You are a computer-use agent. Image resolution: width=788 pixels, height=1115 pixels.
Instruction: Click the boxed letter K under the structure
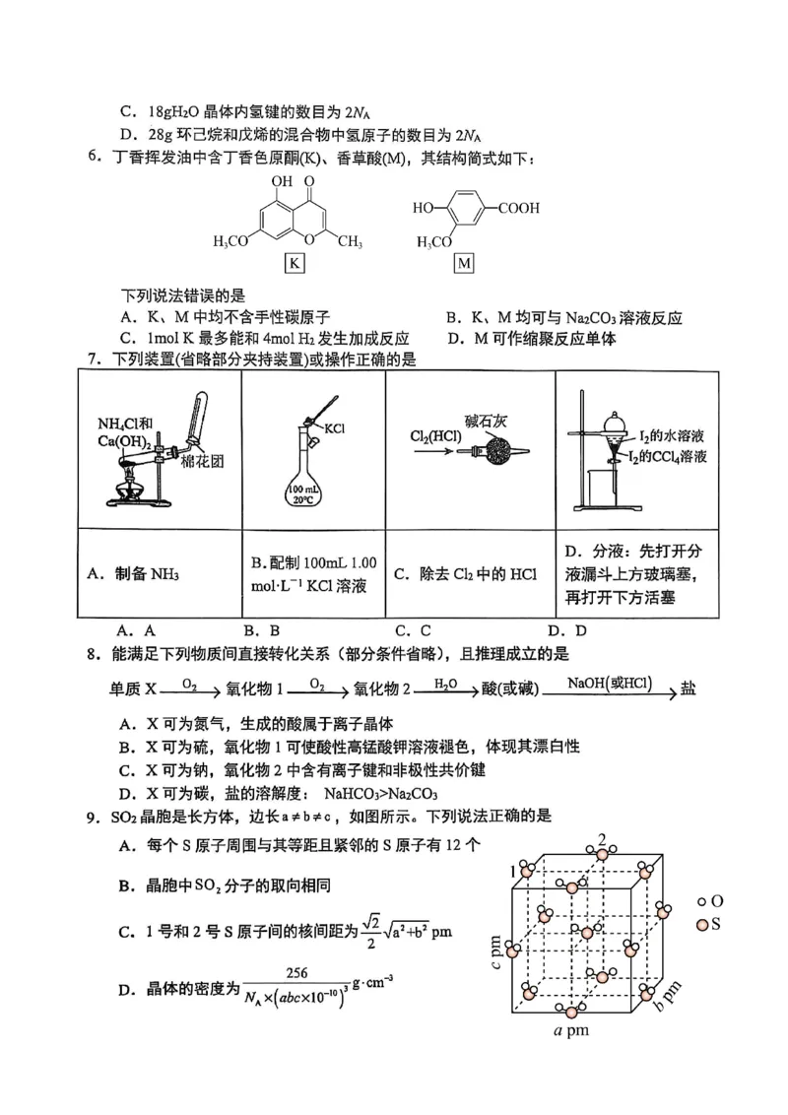(x=294, y=263)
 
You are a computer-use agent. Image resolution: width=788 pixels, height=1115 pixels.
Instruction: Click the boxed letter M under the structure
(x=464, y=263)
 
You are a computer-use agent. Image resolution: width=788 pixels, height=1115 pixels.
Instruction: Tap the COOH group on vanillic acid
(x=519, y=209)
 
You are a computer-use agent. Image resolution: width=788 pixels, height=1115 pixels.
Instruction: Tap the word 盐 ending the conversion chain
(x=688, y=689)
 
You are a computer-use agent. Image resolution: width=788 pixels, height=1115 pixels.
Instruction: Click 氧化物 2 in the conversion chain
(x=383, y=689)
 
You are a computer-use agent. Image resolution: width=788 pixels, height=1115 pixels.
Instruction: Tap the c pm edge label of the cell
(x=496, y=951)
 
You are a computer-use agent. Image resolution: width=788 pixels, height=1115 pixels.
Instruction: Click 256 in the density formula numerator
(x=295, y=972)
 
